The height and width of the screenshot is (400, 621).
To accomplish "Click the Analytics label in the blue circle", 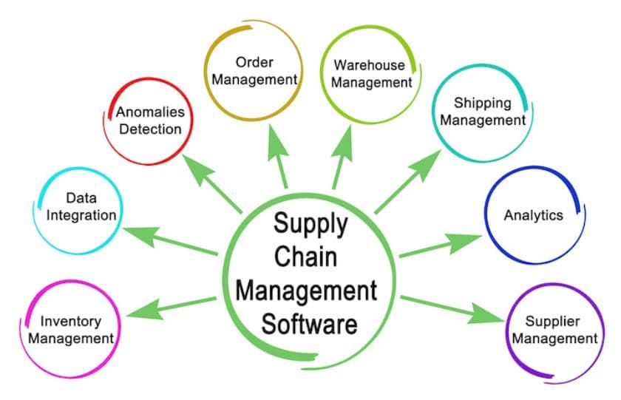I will point(533,215).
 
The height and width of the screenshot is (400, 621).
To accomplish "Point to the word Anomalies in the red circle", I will point(150,113).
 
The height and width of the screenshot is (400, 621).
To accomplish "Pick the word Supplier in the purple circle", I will point(552,322).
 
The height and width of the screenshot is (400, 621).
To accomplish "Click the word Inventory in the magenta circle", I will point(70,322).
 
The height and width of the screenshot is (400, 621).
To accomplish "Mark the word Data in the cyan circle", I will point(81,198).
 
